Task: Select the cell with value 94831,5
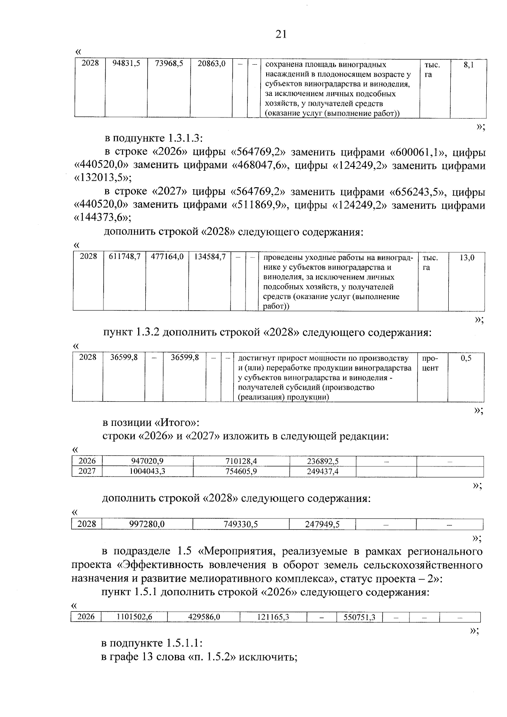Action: [x=126, y=63]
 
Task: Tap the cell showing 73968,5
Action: [x=169, y=63]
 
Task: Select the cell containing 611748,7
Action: [x=125, y=256]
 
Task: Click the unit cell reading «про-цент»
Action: [x=431, y=363]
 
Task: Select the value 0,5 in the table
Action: [x=466, y=358]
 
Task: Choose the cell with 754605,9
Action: [x=241, y=472]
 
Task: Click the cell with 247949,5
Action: [x=322, y=524]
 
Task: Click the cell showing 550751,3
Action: [x=360, y=617]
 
